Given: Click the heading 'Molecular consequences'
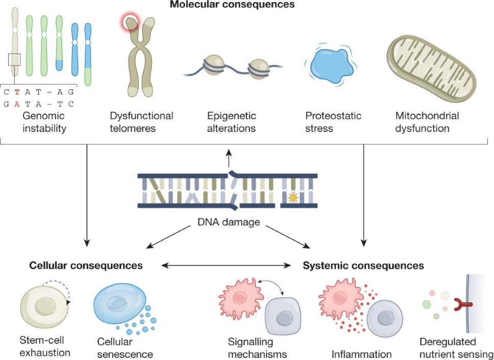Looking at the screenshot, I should (x=232, y=5).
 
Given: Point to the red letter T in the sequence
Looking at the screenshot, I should (x=17, y=92).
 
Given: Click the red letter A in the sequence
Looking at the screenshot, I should (x=17, y=104).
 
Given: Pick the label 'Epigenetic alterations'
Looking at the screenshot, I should (x=231, y=122).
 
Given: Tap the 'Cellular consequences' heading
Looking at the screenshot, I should (x=86, y=266).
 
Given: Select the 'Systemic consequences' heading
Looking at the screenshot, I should (x=363, y=266).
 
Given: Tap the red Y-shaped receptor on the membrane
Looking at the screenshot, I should (x=462, y=306).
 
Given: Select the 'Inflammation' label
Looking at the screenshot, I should (x=361, y=354).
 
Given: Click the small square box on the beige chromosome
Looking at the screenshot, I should (x=15, y=60).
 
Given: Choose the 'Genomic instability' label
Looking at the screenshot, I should (x=44, y=122).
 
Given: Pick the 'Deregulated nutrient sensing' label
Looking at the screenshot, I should (x=455, y=348).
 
